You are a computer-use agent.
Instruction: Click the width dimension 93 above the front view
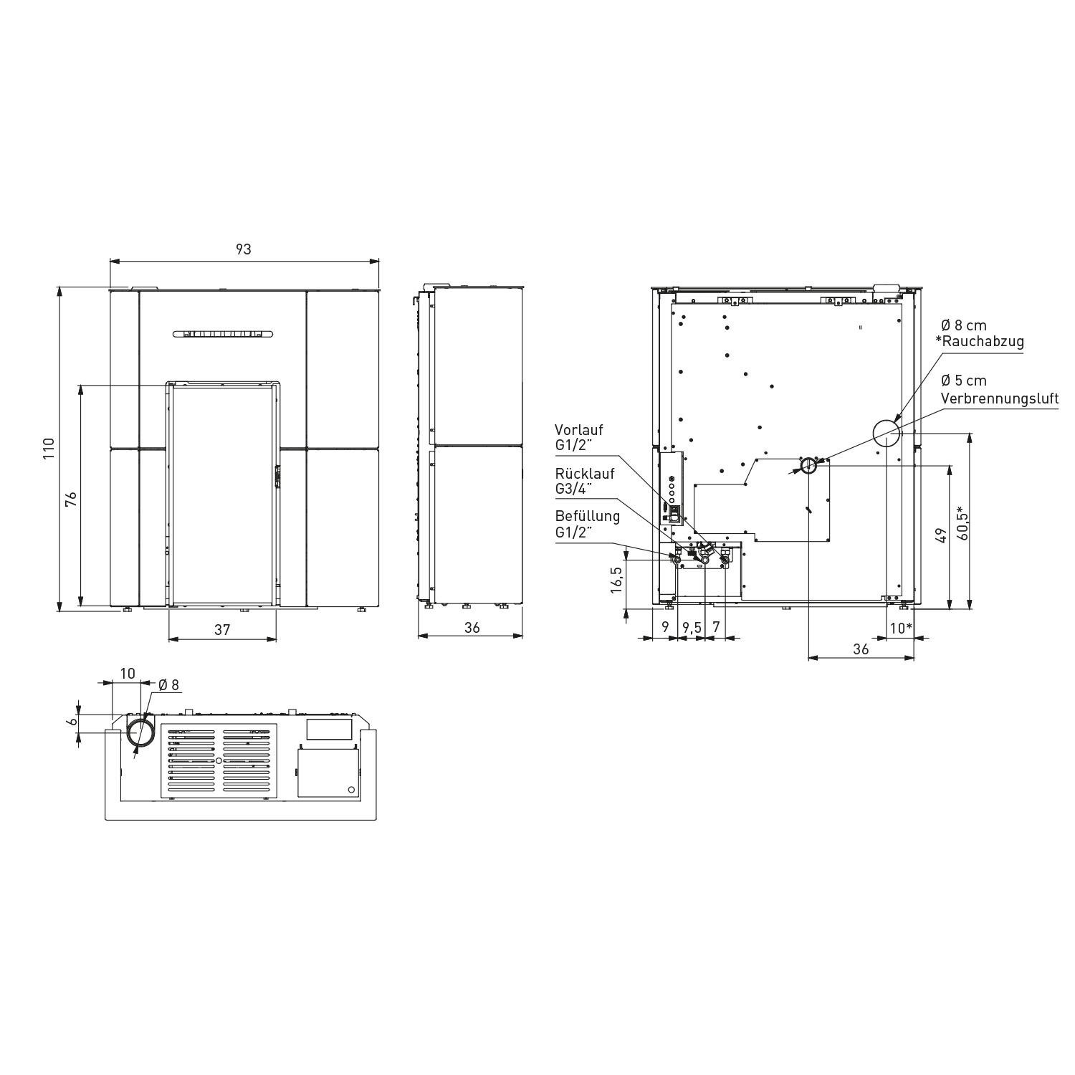244,249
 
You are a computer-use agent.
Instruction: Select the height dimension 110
49,449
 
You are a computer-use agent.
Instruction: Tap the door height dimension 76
71,499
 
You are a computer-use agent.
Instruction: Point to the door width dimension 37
222,629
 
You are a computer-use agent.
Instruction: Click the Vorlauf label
579,430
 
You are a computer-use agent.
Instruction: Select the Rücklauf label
584,474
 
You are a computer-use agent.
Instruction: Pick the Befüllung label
587,516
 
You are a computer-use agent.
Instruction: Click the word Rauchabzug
983,342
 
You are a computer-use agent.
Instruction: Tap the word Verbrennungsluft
999,398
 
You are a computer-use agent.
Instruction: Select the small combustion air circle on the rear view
808,465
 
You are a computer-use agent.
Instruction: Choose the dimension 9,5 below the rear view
691,628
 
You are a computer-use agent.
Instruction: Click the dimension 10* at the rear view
900,628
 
